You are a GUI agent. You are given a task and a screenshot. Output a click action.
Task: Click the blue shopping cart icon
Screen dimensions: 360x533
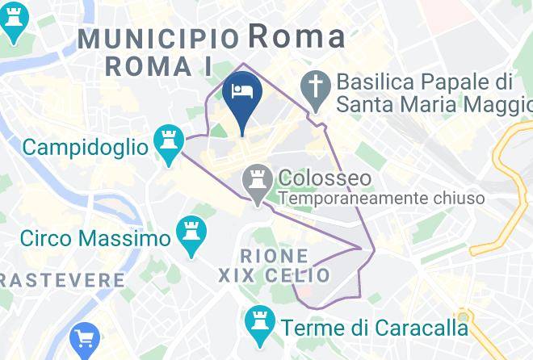(84, 339)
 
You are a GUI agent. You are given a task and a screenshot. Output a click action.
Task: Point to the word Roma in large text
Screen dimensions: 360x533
(296, 36)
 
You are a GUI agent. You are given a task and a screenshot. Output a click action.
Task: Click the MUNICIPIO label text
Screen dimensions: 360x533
(159, 38)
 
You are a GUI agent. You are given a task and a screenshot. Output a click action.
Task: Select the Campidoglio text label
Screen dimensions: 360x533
(86, 148)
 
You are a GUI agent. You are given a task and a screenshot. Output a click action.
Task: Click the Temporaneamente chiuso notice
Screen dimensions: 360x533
(381, 198)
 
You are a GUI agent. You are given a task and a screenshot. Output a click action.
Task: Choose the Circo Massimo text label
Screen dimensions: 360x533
(95, 239)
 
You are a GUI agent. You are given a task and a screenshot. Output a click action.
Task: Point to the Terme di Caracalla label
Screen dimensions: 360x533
(375, 328)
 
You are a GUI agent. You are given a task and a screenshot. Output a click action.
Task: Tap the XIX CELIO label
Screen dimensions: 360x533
(275, 276)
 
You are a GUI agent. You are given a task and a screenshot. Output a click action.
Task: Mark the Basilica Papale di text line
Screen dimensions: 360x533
(425, 82)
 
